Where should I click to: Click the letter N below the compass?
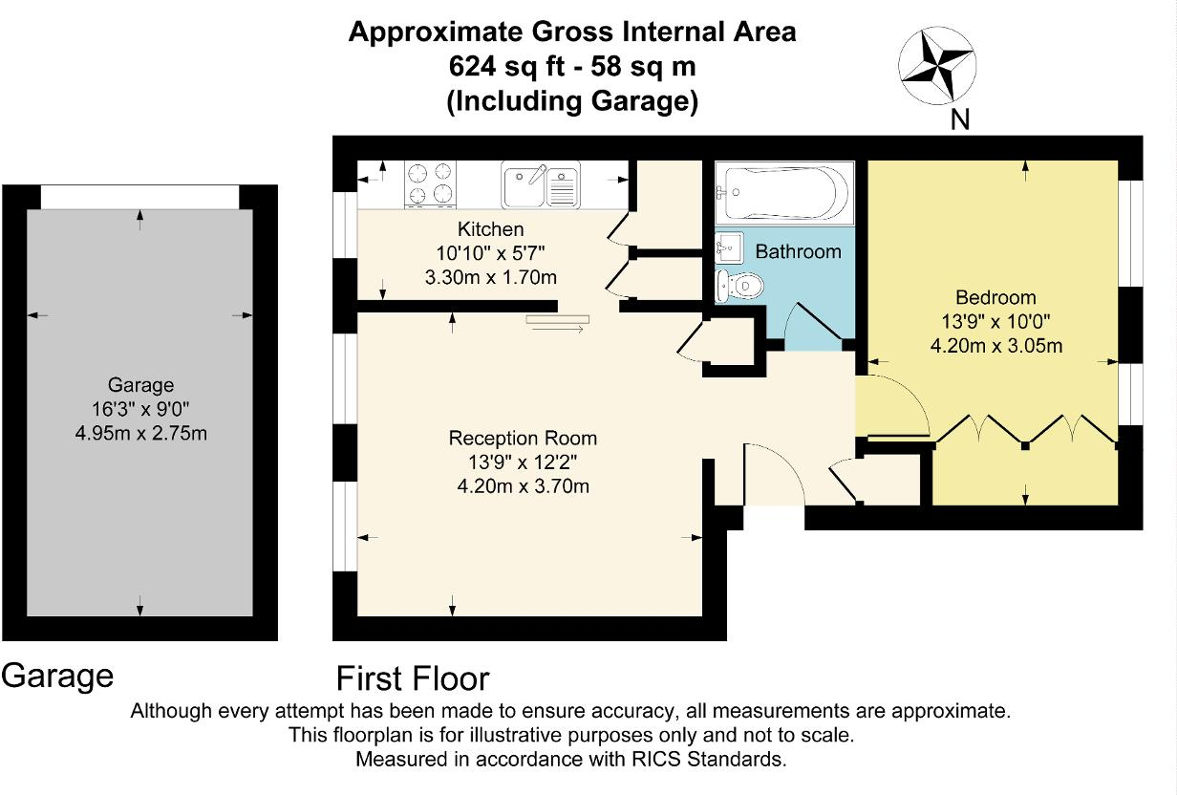coord(959,120)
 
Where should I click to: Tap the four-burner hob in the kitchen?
coord(430,183)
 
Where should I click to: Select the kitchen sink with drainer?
coord(541,185)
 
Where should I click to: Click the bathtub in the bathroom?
coord(782,193)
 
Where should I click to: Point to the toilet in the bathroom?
coord(739,286)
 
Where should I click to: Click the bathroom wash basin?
coord(729,246)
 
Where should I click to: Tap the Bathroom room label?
coord(798,252)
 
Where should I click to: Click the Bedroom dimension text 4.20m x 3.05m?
coord(995,346)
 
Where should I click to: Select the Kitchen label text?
coord(490,229)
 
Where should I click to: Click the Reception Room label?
coord(523,439)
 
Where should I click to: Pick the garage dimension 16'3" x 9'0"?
coord(140,409)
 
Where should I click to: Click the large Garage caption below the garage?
coord(57,676)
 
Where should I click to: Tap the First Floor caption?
coord(413,678)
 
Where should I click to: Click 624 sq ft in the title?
coord(509,67)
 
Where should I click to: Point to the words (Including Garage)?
coord(572,101)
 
